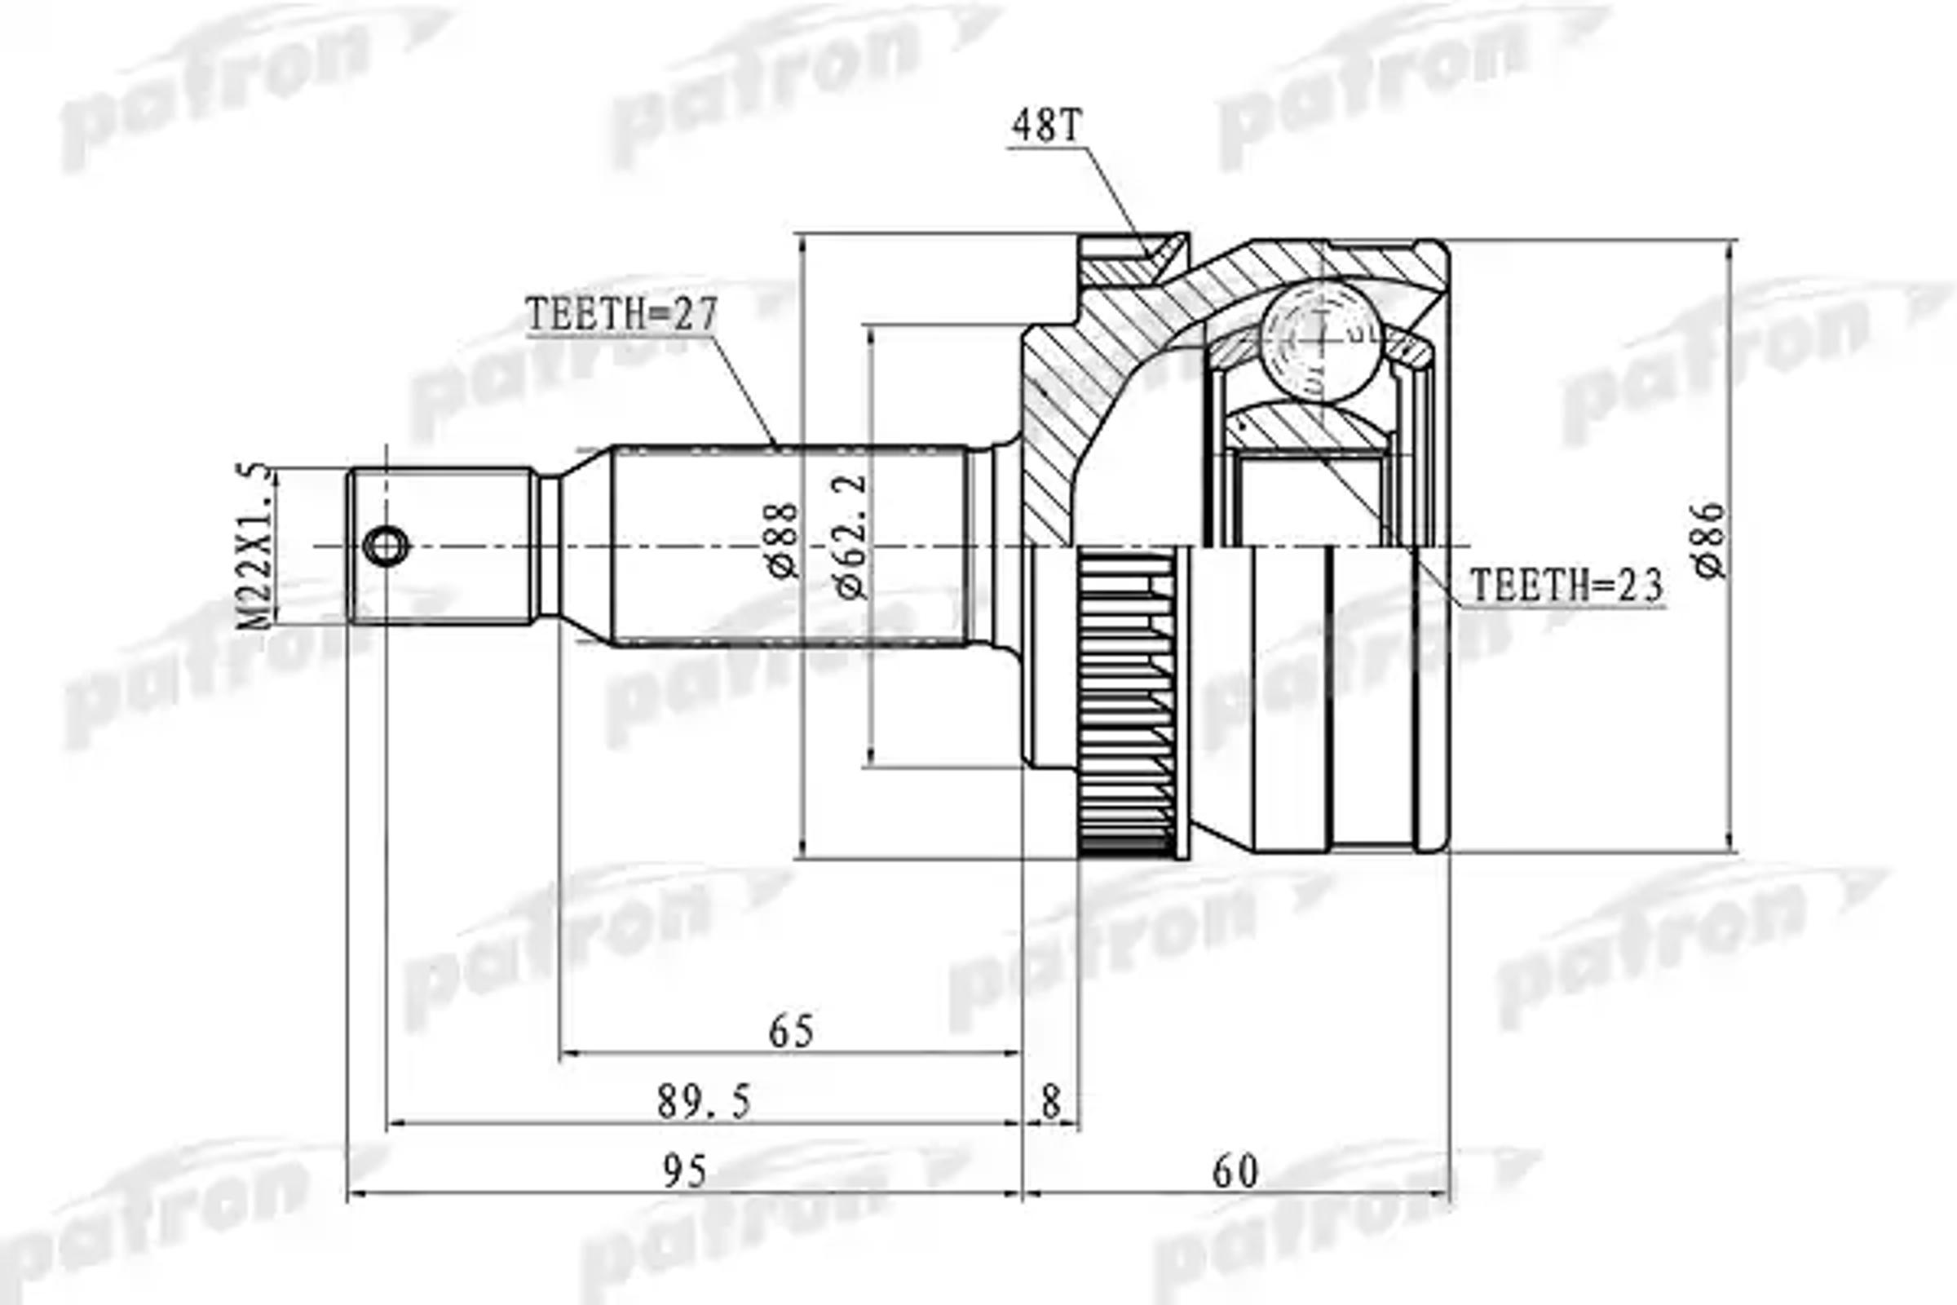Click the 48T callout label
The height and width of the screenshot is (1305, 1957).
(x=1046, y=126)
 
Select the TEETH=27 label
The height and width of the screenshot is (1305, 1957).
(x=621, y=316)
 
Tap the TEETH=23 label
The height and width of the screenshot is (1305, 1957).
(x=1566, y=586)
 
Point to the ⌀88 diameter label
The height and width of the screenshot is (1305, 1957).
(x=784, y=541)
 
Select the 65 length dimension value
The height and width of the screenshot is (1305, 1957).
(x=790, y=1033)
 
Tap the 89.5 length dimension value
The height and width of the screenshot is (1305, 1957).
(x=704, y=1104)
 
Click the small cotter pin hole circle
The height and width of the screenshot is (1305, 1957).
(x=387, y=546)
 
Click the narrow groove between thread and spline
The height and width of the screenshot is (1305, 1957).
(x=549, y=546)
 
